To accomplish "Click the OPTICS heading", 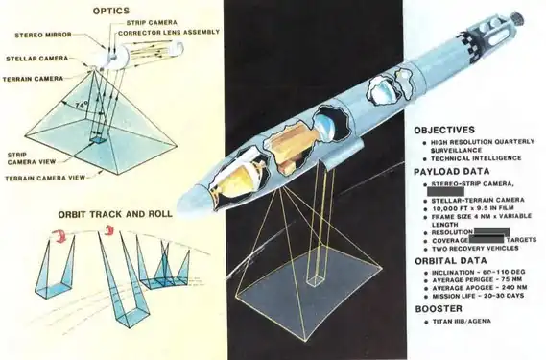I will coord(111,12).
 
